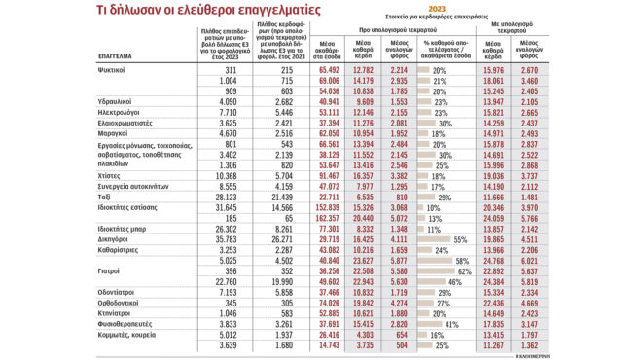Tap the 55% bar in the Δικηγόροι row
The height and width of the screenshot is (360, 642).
point(433,238)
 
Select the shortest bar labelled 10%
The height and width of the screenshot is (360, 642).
point(420,207)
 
